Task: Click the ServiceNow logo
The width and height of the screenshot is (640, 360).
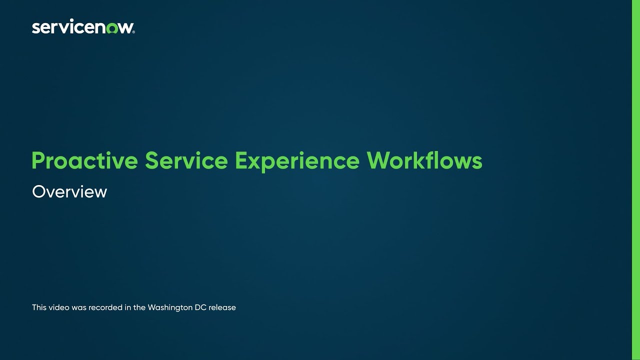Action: coord(83,27)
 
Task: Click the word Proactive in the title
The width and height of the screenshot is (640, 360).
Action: coord(84,161)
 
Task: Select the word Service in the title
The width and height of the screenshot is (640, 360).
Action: coord(185,161)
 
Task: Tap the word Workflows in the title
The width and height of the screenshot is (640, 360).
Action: coord(424,161)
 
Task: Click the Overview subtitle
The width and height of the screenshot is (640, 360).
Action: coord(69,192)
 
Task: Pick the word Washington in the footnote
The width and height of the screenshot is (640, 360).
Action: coord(170,307)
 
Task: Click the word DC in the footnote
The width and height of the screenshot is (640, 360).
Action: coord(200,307)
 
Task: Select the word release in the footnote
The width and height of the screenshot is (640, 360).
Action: coord(222,307)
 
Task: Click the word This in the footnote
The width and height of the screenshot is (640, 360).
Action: coord(39,307)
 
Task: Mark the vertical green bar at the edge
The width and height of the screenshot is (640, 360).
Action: coord(636,180)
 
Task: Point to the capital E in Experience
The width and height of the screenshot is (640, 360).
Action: coord(241,161)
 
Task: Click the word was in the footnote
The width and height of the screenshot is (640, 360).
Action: coord(79,307)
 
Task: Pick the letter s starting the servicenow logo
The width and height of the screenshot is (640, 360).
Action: coord(35,28)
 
